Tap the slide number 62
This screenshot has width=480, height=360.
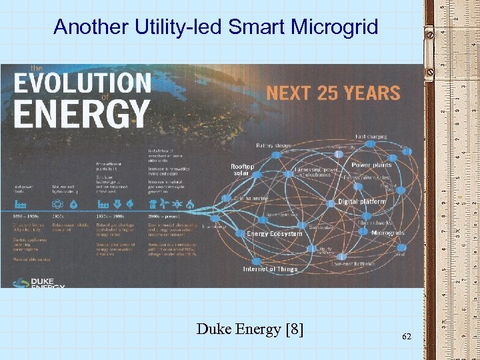click(x=407, y=337)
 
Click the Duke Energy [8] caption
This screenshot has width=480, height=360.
click(x=250, y=328)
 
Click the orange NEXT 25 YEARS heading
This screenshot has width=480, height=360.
click(x=333, y=93)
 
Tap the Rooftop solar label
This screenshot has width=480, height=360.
click(x=242, y=170)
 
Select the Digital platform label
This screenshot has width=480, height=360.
click(x=362, y=201)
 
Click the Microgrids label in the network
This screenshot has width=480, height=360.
click(x=387, y=233)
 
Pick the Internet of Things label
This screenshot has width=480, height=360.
click(x=270, y=269)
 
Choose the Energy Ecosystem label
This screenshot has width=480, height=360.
click(x=274, y=234)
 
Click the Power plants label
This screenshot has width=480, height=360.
click(x=371, y=165)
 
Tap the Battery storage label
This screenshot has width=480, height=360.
click(x=274, y=145)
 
